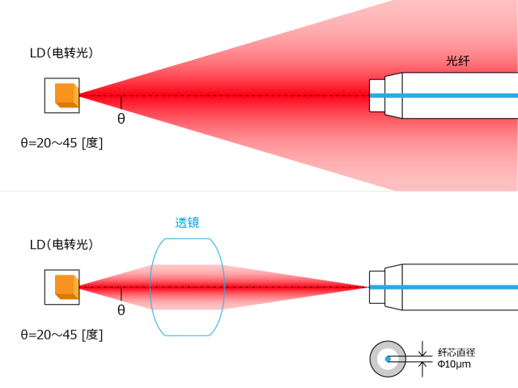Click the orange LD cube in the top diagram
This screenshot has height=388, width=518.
click(x=66, y=95)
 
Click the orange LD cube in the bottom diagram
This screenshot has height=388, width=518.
click(x=66, y=286)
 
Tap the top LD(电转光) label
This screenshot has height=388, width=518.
click(x=62, y=53)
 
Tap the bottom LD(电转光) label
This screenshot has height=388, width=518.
click(x=62, y=244)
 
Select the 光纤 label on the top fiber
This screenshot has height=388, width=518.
click(x=458, y=61)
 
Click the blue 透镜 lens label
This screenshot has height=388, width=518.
click(x=187, y=223)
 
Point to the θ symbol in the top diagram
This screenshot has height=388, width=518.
click(x=121, y=118)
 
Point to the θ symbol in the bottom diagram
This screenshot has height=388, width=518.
click(x=121, y=310)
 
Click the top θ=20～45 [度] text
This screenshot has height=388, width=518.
click(x=62, y=143)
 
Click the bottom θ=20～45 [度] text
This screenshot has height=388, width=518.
click(x=62, y=334)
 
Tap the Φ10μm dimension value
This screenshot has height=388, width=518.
click(x=454, y=365)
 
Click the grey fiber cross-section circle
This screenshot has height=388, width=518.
click(x=378, y=358)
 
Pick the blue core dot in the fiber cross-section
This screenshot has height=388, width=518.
click(x=388, y=358)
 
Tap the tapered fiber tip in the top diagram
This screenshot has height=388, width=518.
click(x=377, y=95)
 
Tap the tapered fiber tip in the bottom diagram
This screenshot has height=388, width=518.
click(x=377, y=287)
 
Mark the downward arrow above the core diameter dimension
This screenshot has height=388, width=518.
click(x=422, y=350)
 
